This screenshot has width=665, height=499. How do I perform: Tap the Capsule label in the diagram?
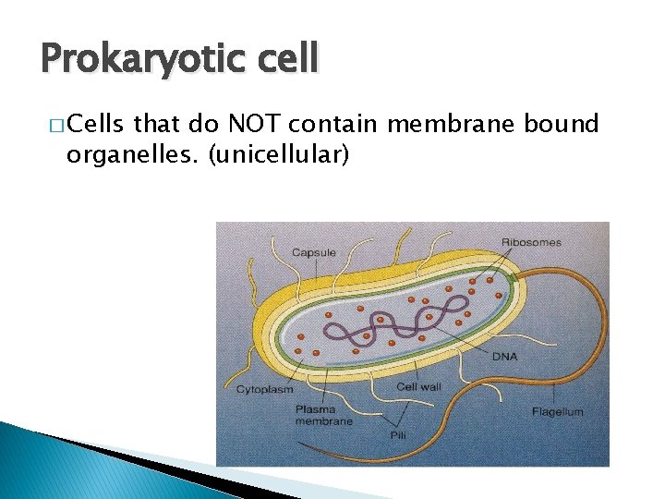(x=314, y=252)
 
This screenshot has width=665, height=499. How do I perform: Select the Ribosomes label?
(x=531, y=242)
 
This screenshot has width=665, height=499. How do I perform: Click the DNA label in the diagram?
(x=504, y=356)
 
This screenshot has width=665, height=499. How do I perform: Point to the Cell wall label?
(x=419, y=387)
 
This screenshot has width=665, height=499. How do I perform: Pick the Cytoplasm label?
(x=264, y=389)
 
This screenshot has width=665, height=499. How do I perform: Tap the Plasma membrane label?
(x=322, y=415)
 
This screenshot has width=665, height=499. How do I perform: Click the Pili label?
(x=398, y=433)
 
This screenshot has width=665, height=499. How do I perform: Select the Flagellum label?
(x=557, y=411)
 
